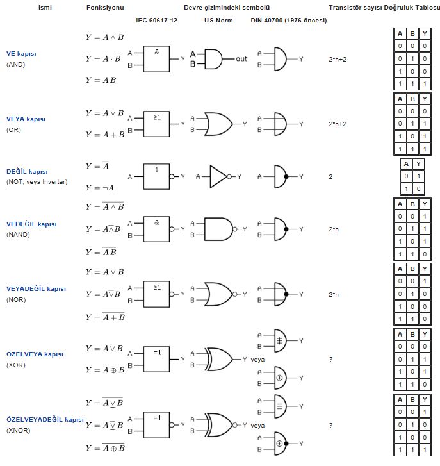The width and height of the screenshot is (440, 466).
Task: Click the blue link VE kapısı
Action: (x=21, y=54)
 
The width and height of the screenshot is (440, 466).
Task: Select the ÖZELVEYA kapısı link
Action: (x=35, y=354)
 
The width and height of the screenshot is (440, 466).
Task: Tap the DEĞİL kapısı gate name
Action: (x=27, y=172)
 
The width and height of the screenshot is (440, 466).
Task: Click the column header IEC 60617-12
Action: (x=156, y=21)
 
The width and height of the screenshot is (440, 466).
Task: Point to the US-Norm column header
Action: (x=218, y=21)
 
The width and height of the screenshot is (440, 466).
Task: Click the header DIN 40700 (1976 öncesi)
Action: (x=289, y=21)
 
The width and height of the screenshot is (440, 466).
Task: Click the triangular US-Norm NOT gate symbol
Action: (x=218, y=176)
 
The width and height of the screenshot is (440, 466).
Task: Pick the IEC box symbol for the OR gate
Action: (x=156, y=124)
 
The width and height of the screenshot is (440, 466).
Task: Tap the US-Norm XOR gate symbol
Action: (x=220, y=360)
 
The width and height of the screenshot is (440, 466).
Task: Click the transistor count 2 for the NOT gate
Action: (x=330, y=176)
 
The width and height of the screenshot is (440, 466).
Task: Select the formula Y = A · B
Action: (x=103, y=59)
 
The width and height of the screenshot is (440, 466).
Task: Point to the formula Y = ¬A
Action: (x=100, y=188)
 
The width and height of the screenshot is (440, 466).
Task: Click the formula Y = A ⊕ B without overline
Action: (x=105, y=370)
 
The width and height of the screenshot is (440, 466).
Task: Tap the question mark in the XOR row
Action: (x=330, y=360)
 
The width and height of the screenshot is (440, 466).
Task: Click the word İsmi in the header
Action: (x=45, y=8)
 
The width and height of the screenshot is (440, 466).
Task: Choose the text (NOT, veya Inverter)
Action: (x=37, y=182)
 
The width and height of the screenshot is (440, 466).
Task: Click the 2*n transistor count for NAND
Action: (x=334, y=229)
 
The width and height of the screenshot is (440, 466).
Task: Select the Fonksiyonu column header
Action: (x=105, y=8)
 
